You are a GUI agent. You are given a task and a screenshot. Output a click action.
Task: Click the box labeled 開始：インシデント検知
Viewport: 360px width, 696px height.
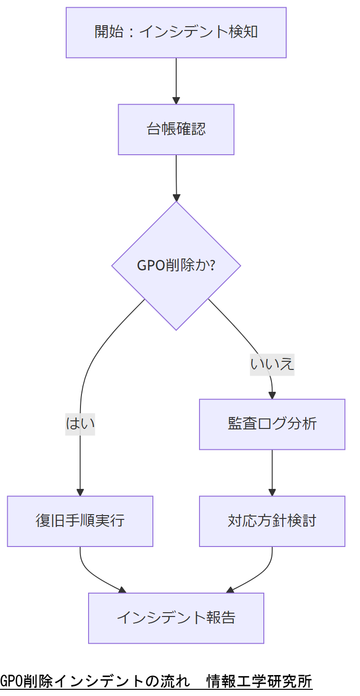[x=176, y=32]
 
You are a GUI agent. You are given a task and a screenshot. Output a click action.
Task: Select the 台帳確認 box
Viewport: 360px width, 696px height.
[x=176, y=129]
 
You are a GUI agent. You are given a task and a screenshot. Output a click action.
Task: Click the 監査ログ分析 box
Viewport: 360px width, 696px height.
[x=272, y=424]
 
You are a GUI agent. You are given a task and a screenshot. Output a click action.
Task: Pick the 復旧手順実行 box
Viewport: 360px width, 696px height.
[x=80, y=521]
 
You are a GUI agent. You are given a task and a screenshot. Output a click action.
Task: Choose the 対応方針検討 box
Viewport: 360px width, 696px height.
[x=272, y=521]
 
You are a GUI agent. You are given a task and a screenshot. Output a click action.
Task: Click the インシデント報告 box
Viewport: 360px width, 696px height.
[x=176, y=618]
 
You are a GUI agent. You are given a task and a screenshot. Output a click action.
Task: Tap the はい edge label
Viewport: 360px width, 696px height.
[x=80, y=423]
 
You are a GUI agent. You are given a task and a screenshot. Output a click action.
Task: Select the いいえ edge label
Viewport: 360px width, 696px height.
[x=272, y=364]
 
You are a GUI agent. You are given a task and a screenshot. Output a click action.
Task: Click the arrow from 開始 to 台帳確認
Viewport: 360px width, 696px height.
[x=176, y=79]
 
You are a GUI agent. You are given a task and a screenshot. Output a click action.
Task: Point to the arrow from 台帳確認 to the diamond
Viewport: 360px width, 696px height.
[x=176, y=176]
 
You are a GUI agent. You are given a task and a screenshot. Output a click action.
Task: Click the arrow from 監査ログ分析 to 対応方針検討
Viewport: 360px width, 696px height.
[x=272, y=471]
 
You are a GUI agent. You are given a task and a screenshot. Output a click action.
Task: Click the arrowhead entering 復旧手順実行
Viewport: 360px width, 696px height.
[x=80, y=492]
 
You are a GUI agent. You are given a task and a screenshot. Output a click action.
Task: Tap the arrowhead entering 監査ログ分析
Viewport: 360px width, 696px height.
[x=272, y=395]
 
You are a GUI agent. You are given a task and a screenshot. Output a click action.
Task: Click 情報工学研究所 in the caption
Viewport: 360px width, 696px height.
[x=259, y=681]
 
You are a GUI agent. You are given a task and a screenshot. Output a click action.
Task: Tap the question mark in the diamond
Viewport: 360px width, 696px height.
[x=212, y=265]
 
